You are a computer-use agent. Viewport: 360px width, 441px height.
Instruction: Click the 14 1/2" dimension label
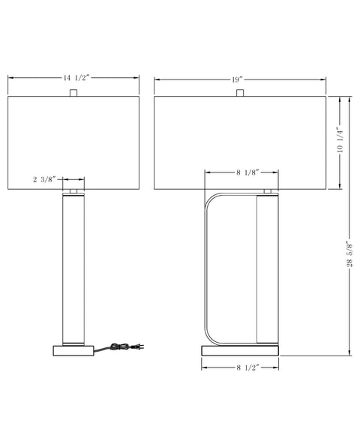click(x=76, y=78)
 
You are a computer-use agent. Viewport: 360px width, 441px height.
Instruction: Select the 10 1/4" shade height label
click(x=340, y=141)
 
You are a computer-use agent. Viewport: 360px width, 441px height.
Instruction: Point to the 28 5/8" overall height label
click(x=349, y=254)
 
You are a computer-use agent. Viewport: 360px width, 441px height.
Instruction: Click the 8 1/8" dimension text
click(x=247, y=172)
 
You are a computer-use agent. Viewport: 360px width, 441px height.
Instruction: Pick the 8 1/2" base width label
click(x=247, y=367)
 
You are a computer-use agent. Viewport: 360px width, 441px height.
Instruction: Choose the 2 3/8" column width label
click(x=44, y=179)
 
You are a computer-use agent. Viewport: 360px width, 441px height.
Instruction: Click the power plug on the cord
click(x=139, y=346)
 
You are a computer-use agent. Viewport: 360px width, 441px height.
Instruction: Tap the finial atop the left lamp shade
click(x=73, y=93)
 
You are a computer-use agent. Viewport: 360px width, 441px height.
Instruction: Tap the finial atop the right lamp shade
click(x=240, y=93)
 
